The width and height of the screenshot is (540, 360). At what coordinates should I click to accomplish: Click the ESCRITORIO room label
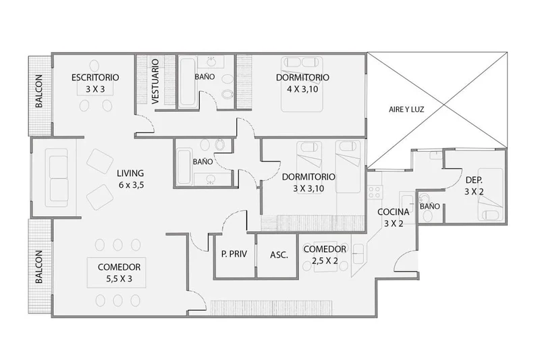click(95, 78)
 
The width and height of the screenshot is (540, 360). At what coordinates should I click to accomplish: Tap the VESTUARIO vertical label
click(155, 82)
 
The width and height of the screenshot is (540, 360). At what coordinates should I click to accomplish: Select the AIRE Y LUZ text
click(406, 109)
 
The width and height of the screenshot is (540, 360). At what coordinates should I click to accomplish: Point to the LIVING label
click(130, 174)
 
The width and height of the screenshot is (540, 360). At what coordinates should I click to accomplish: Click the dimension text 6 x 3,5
click(131, 185)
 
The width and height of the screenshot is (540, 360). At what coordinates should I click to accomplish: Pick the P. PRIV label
click(234, 254)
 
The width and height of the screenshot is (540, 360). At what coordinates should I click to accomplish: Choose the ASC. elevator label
click(279, 255)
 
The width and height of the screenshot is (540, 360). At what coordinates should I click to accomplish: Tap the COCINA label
click(394, 212)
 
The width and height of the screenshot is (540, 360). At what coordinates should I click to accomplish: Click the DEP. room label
click(474, 180)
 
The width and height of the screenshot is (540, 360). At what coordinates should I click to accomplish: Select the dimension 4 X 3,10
click(302, 89)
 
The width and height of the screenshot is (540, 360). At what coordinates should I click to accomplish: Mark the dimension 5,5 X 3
click(119, 279)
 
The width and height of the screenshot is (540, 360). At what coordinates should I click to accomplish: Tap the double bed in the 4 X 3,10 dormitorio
click(302, 84)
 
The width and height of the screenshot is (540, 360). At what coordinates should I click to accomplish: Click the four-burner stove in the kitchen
click(375, 192)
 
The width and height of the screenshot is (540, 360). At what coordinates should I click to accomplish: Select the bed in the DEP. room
click(490, 194)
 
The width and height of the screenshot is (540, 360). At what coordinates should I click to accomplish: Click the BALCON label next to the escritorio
click(39, 91)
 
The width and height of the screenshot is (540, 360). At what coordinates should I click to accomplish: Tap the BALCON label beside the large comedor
click(39, 267)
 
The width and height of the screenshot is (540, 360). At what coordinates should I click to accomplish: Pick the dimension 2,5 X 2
click(325, 261)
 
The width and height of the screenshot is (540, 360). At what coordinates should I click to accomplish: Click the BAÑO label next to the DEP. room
click(430, 207)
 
